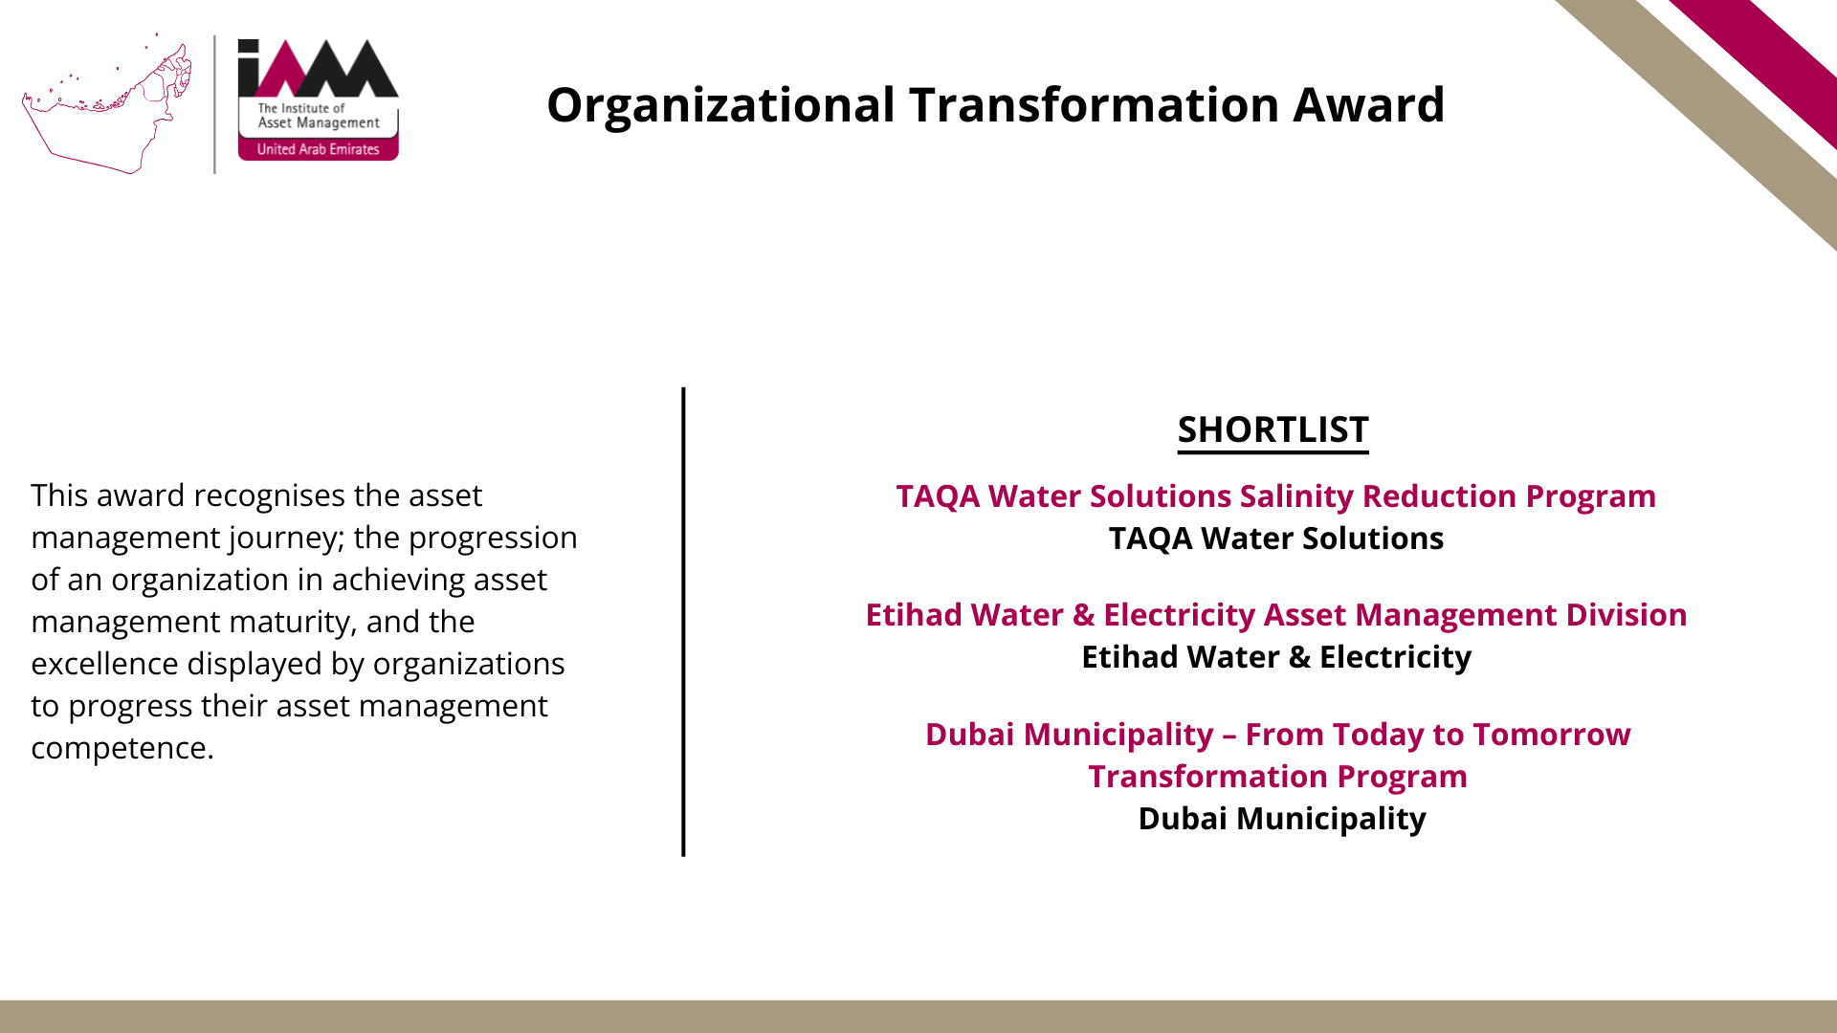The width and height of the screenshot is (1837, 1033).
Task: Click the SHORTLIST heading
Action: coord(1273,429)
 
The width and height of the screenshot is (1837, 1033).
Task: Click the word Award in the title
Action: coord(1368,104)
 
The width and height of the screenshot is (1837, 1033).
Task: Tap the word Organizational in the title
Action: coord(721,106)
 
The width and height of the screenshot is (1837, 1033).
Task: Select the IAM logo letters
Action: coord(318,68)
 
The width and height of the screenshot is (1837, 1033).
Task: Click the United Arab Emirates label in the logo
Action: coord(318,149)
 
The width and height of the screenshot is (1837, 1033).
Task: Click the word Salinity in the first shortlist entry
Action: coord(1296,497)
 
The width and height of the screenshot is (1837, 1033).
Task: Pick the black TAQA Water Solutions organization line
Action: coord(1276,538)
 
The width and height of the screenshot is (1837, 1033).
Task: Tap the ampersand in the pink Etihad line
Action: coord(1083,615)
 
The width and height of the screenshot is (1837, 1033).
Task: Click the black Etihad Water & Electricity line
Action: coord(1276,657)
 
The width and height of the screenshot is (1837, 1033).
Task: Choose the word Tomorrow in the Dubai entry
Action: coord(1551,735)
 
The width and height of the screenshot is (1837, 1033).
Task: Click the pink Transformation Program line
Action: coord(1277,777)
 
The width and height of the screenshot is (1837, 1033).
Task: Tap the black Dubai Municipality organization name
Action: coord(1282,820)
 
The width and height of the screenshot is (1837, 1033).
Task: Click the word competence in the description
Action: coord(122,749)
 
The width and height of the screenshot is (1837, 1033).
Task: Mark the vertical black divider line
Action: coord(683,622)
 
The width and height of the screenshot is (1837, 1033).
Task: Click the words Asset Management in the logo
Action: coord(319,123)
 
